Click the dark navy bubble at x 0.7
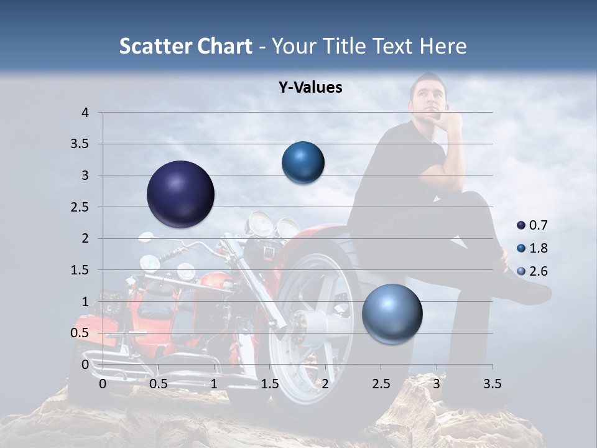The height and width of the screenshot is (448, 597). (181, 194)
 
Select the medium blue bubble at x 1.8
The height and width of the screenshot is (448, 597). (303, 162)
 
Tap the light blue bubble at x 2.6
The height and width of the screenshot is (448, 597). (392, 314)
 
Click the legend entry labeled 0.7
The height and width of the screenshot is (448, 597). (532, 225)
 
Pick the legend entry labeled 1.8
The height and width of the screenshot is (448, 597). (532, 248)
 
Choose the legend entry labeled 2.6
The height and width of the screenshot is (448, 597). (532, 271)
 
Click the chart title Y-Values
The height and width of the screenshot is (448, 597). (310, 88)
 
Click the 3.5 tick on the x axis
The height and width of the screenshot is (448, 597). (492, 384)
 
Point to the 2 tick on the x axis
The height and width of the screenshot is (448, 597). (325, 384)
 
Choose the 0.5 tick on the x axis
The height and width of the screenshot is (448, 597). (159, 384)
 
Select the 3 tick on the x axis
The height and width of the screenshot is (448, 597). (437, 384)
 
